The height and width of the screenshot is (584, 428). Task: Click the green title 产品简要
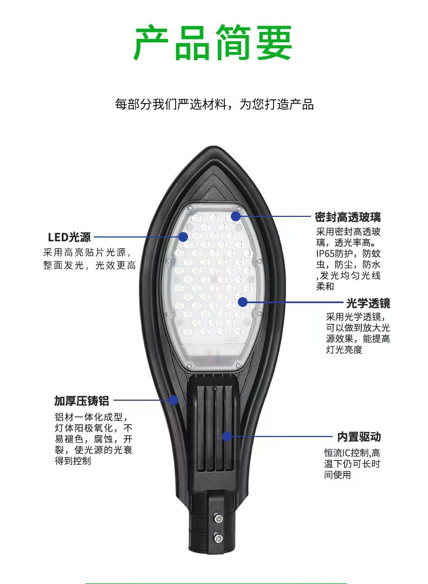[213, 42]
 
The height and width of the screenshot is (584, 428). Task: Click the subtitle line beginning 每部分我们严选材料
[214, 104]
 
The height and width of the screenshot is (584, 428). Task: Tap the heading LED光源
[69, 237]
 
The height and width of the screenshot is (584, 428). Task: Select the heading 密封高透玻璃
[348, 217]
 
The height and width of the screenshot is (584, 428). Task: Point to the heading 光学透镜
[368, 303]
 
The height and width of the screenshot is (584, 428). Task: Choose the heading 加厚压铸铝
[82, 401]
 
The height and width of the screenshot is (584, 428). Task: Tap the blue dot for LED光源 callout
[183, 236]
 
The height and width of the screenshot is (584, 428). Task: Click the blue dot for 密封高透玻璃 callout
[236, 216]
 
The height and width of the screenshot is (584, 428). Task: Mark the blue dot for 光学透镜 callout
[243, 302]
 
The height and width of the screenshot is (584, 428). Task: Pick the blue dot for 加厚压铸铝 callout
[173, 400]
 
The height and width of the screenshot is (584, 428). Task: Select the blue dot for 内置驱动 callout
[228, 435]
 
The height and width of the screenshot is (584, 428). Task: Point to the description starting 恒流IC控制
[352, 464]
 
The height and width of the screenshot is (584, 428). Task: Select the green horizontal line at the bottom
[216, 582]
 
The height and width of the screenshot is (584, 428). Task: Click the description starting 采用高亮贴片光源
[89, 259]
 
